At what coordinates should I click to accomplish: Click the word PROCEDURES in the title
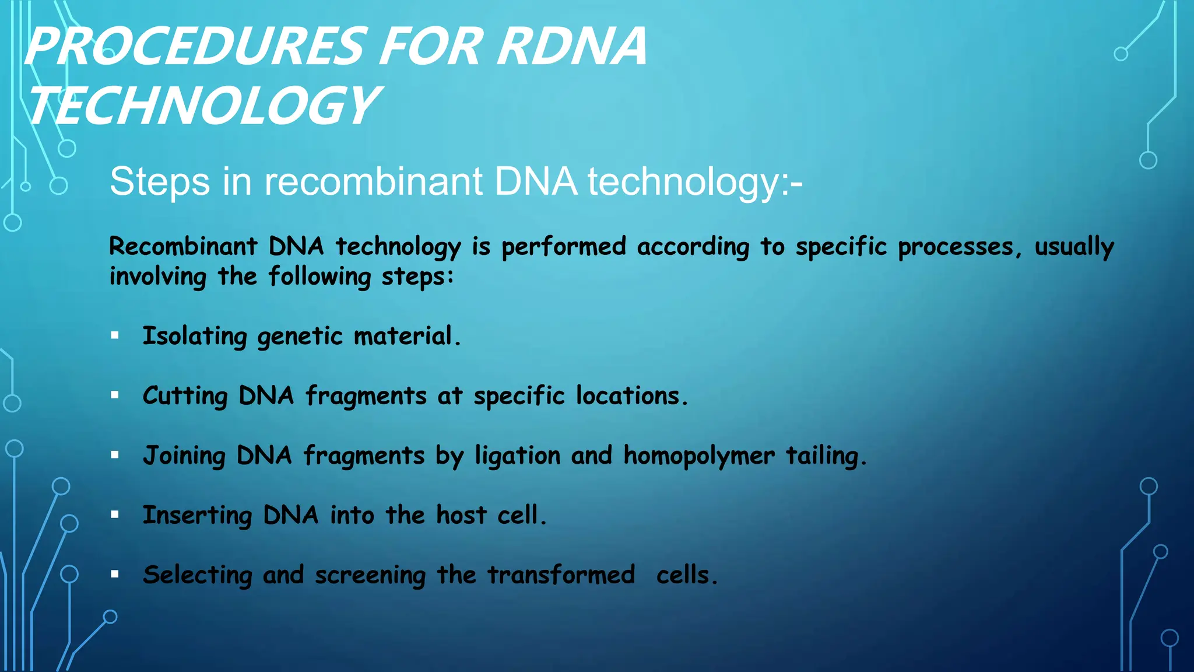click(195, 47)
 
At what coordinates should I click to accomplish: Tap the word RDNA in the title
click(571, 47)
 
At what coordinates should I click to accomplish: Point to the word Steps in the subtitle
click(159, 183)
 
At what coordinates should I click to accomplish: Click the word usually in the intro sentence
click(1074, 247)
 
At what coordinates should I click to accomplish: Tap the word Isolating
click(195, 337)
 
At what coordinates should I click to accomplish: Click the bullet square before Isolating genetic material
click(115, 335)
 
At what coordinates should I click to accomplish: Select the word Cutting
click(185, 397)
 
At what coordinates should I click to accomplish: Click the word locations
click(631, 396)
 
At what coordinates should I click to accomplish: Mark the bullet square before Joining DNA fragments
click(115, 455)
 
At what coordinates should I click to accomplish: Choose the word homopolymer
click(699, 456)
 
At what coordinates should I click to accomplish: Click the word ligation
click(517, 456)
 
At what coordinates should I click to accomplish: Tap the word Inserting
click(197, 516)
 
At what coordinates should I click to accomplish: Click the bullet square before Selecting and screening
click(115, 574)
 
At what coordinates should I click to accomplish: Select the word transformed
click(561, 575)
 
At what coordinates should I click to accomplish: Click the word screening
click(370, 576)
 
